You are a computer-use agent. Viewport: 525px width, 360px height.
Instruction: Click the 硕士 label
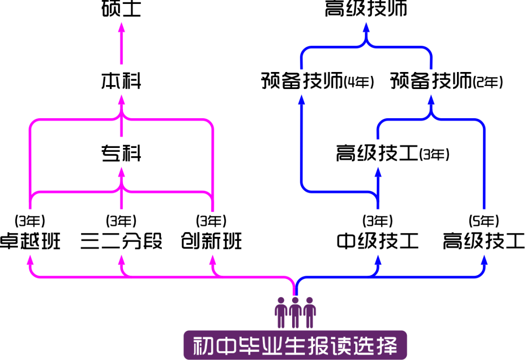[x=121, y=8]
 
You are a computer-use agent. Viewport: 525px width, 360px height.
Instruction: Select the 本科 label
[x=121, y=81]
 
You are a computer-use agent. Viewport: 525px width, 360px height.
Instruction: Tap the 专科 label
[x=121, y=153]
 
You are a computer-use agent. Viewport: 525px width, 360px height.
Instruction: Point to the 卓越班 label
[x=30, y=241]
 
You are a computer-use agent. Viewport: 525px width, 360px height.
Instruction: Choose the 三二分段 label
[x=121, y=241]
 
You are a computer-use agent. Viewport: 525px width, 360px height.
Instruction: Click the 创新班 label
[x=211, y=241]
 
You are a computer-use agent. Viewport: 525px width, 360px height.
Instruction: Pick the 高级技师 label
[x=366, y=8]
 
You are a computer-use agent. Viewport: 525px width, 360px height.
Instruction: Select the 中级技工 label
[x=378, y=241]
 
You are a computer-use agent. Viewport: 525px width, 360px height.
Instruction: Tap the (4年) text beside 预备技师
[x=359, y=82]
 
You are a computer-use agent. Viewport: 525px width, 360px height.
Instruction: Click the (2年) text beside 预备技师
[x=488, y=82]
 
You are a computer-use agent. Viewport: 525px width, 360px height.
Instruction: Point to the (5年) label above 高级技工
[x=484, y=221]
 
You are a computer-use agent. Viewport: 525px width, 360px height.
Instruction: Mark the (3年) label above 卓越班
[x=30, y=221]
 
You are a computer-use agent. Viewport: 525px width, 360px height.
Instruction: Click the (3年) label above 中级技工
[x=378, y=221]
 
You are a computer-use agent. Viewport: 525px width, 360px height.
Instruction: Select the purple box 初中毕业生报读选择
[x=296, y=345]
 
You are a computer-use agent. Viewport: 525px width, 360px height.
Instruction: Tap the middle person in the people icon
[x=295, y=312]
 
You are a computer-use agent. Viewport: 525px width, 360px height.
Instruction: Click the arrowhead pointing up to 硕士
[x=122, y=27]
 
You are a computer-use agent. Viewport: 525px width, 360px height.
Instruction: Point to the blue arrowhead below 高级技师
[x=367, y=27]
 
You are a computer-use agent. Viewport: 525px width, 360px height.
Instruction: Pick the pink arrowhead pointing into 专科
[x=122, y=172]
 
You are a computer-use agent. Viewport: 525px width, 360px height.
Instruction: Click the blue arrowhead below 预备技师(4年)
[x=302, y=100]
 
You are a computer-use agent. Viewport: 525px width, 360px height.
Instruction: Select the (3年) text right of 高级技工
[x=434, y=155]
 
